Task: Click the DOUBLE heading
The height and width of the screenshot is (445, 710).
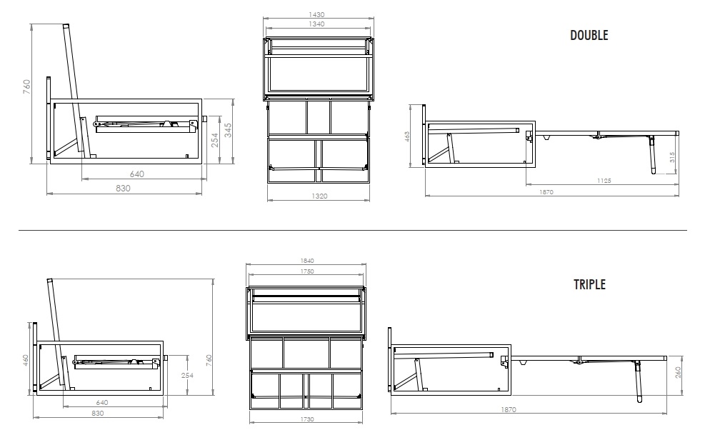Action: [x=589, y=35]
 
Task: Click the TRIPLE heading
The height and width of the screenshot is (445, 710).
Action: [x=589, y=284]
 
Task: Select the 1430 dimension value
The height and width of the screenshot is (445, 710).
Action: [x=316, y=14]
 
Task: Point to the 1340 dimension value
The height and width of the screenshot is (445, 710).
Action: [x=316, y=24]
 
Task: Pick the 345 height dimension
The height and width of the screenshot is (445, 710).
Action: [x=228, y=131]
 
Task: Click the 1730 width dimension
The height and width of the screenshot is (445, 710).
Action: [x=307, y=419]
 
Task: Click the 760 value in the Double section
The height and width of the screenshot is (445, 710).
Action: [x=27, y=86]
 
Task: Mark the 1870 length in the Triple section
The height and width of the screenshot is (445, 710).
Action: [x=509, y=410]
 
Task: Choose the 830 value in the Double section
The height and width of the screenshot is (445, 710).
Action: [x=123, y=189]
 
